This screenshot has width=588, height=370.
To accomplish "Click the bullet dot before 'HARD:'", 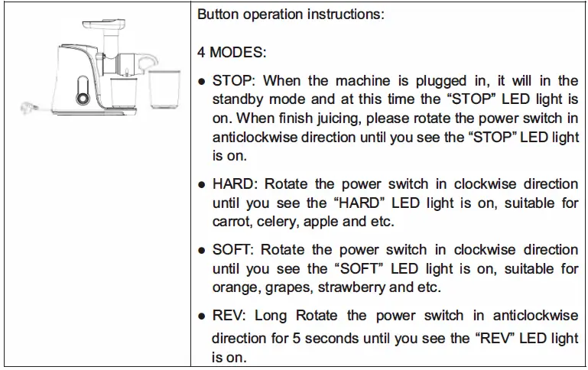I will coord(201,185).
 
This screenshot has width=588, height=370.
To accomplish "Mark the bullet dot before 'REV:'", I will coord(201,316).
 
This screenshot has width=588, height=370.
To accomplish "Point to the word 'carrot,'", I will coord(232,222).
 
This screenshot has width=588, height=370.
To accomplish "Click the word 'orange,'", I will coord(235,288).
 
